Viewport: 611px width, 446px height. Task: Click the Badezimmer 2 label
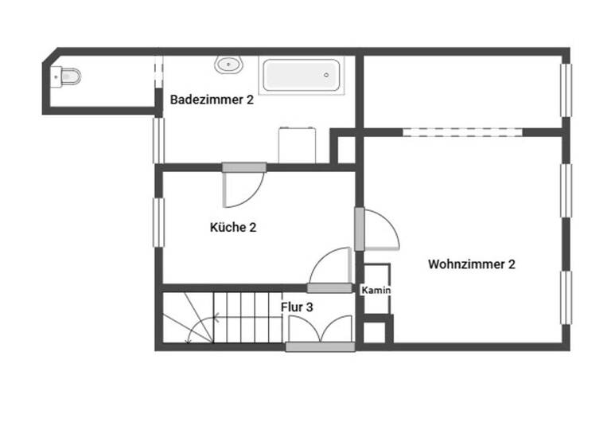[x=212, y=100]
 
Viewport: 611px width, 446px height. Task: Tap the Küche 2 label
[x=232, y=227]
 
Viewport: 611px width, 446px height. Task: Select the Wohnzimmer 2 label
[x=471, y=264]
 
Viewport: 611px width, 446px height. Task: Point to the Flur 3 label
[x=297, y=306]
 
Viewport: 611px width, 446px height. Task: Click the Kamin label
[x=376, y=291]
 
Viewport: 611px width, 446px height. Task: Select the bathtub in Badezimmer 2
[x=302, y=75]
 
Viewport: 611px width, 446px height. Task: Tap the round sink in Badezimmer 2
[x=228, y=65]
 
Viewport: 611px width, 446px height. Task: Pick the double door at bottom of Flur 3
[x=320, y=331]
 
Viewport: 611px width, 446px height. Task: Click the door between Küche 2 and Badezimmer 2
[x=243, y=185]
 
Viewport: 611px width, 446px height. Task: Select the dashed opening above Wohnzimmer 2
[x=461, y=131]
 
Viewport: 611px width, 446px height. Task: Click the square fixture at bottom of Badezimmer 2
[x=298, y=145]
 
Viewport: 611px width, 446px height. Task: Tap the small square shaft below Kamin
[x=376, y=330]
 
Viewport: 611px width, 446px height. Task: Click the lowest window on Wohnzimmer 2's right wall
[x=566, y=297]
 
